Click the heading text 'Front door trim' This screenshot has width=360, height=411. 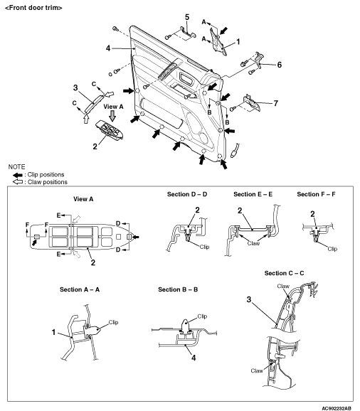(33, 8)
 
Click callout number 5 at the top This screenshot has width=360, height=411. (187, 17)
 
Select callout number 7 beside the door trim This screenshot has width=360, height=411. (275, 103)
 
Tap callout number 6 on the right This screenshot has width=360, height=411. (280, 65)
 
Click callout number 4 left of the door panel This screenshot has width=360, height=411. (108, 48)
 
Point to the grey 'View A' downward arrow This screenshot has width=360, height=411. (112, 116)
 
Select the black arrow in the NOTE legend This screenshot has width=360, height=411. (18, 175)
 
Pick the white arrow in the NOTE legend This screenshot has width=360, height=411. (18, 182)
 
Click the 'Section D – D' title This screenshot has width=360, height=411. (187, 194)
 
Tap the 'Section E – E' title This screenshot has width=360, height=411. (253, 194)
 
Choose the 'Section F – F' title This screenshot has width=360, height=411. (316, 194)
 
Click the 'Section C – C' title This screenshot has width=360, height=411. (284, 273)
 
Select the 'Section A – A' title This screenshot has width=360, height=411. (80, 289)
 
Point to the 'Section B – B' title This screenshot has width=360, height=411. (178, 289)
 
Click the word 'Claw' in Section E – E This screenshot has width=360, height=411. (253, 243)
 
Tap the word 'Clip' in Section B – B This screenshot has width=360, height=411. (202, 316)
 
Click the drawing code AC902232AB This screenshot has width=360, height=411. (337, 408)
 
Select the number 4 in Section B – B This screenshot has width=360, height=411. (194, 358)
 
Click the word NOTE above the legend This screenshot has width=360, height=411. (16, 167)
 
